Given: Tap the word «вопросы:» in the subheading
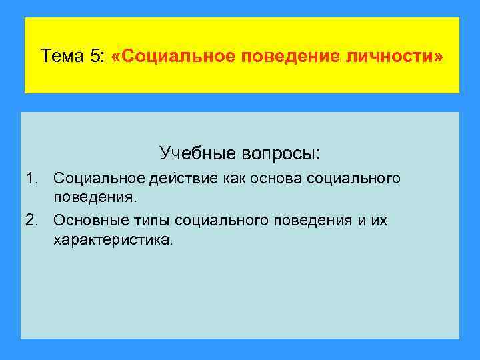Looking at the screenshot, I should [284, 153].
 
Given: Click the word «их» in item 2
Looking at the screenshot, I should [379, 219].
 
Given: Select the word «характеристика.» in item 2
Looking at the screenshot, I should [113, 239].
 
